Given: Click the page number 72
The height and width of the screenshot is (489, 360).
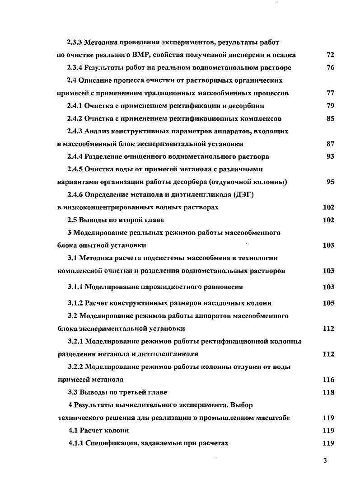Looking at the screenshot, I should coord(330,55).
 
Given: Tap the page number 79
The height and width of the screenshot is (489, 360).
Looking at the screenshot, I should coord(330,106).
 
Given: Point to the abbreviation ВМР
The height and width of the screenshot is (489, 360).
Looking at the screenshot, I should coord(139,55).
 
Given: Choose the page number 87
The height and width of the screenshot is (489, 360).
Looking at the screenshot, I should coord(330,144).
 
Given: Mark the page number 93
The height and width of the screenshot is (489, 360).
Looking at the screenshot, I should coord(330,156).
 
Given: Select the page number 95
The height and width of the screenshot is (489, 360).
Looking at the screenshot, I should coord(330,182).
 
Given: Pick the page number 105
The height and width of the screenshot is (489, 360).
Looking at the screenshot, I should coord(328,303).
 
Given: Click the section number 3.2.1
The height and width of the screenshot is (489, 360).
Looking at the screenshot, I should coord(75,341).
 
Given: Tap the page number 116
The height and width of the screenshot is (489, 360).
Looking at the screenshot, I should coord(328,380).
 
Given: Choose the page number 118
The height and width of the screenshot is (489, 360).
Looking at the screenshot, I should coord(328,392).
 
